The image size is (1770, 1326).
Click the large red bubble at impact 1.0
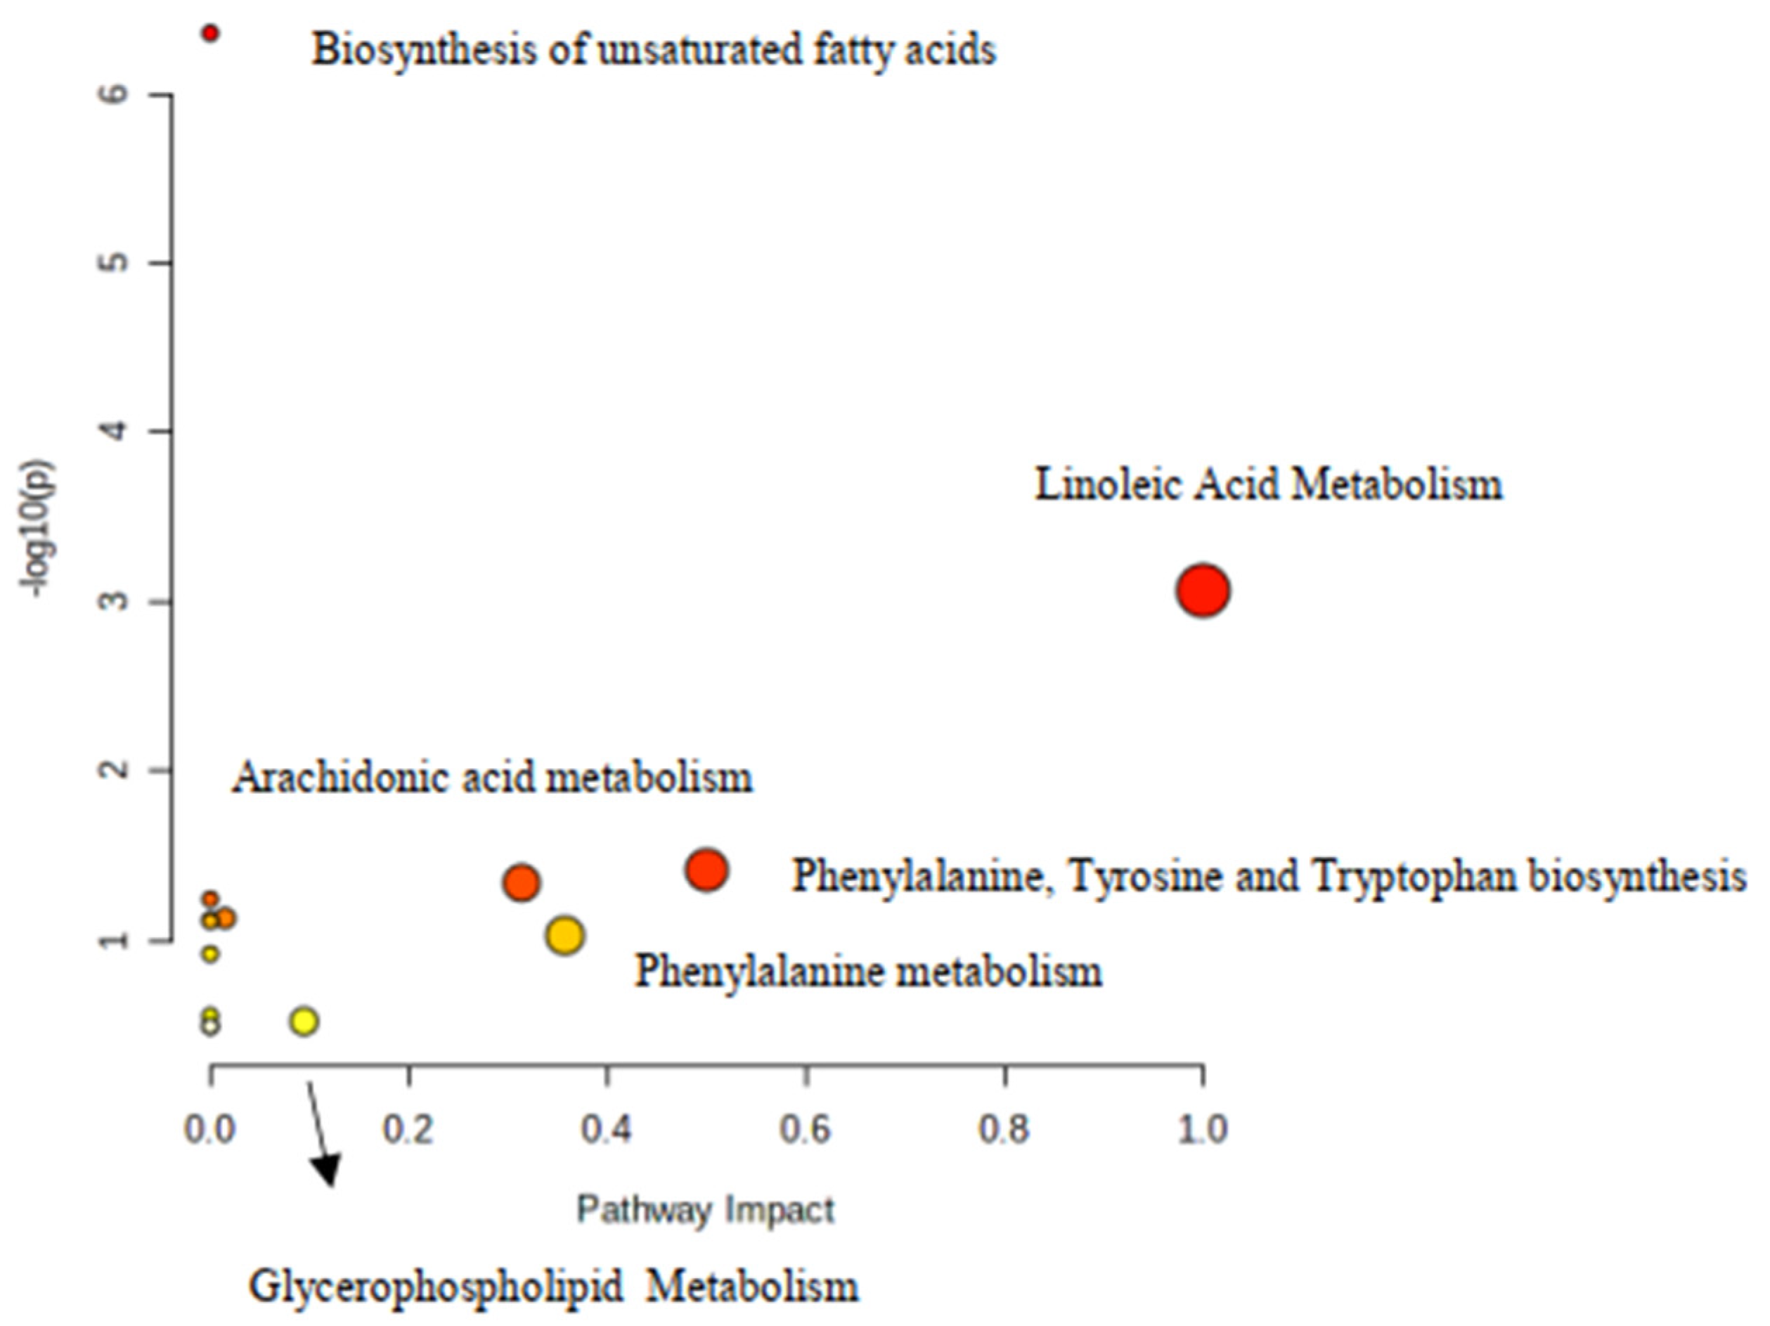1203,591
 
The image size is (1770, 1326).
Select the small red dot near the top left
210,33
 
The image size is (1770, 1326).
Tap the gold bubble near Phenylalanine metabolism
565,934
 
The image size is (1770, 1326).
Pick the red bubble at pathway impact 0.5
706,869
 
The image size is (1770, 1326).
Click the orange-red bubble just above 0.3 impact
522,882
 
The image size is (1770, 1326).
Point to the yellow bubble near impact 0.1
304,1021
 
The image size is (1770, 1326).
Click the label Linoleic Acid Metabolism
1269,485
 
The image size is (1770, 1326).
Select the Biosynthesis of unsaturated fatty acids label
654,50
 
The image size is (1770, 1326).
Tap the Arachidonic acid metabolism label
492,778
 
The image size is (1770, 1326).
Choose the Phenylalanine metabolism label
868,972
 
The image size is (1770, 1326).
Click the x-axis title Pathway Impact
706,1209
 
